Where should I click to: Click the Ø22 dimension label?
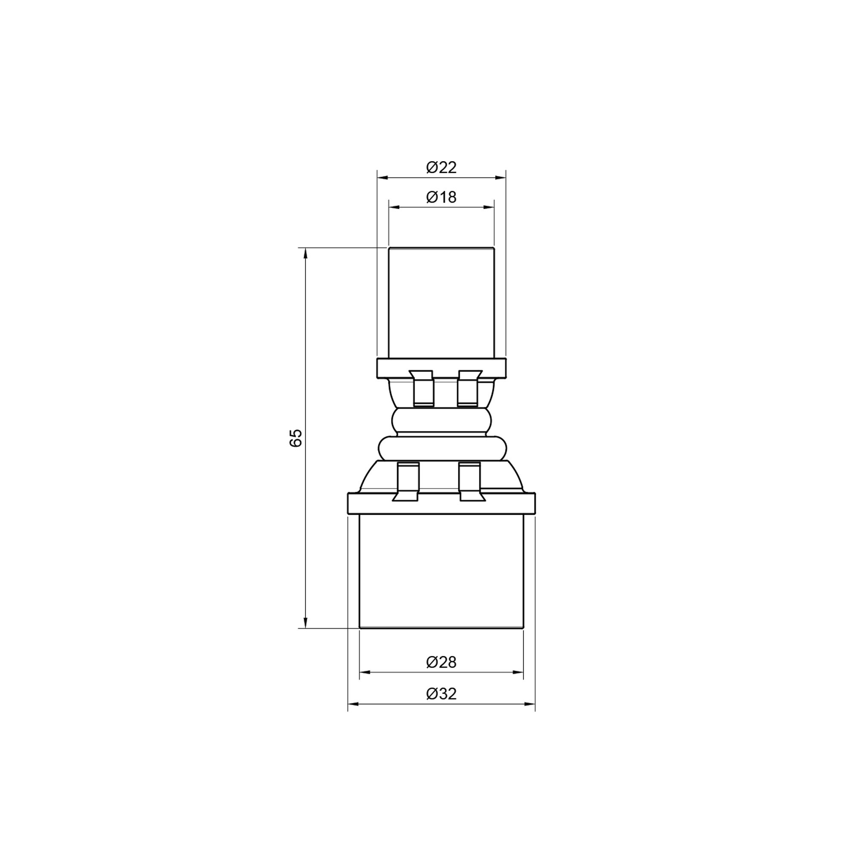[x=441, y=168]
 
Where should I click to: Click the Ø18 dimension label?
[x=441, y=197]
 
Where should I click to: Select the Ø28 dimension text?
[x=441, y=662]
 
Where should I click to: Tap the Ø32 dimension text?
[x=441, y=694]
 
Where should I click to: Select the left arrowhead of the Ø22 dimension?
[x=382, y=177]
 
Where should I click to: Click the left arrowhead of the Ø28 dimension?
[x=365, y=672]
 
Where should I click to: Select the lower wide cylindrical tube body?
[x=441, y=572]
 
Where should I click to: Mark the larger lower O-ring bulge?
[x=441, y=449]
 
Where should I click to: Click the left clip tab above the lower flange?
[x=407, y=481]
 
